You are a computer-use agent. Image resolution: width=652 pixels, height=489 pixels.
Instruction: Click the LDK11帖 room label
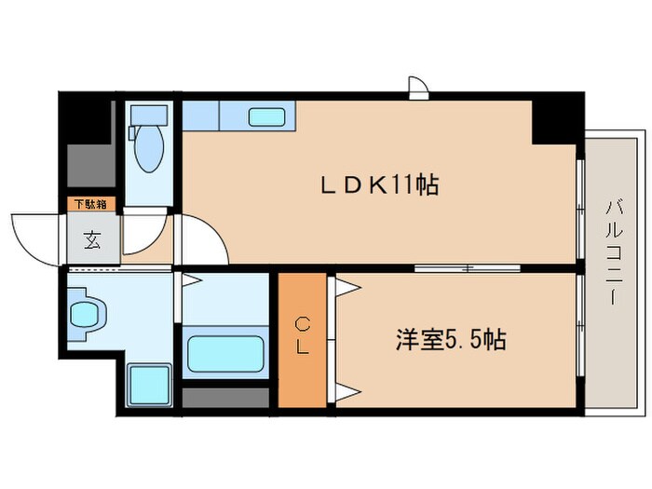pos(380,183)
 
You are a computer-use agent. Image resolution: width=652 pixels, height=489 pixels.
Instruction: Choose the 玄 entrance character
pos(92,239)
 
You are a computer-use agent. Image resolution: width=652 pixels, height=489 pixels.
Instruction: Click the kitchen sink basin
pos(268,117)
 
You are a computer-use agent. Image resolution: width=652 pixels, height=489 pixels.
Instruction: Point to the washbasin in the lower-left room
pos(85,314)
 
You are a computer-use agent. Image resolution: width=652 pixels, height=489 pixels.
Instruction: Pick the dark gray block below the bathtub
pos(225,397)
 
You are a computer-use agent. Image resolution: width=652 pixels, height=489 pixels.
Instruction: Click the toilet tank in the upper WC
pos(147,116)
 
